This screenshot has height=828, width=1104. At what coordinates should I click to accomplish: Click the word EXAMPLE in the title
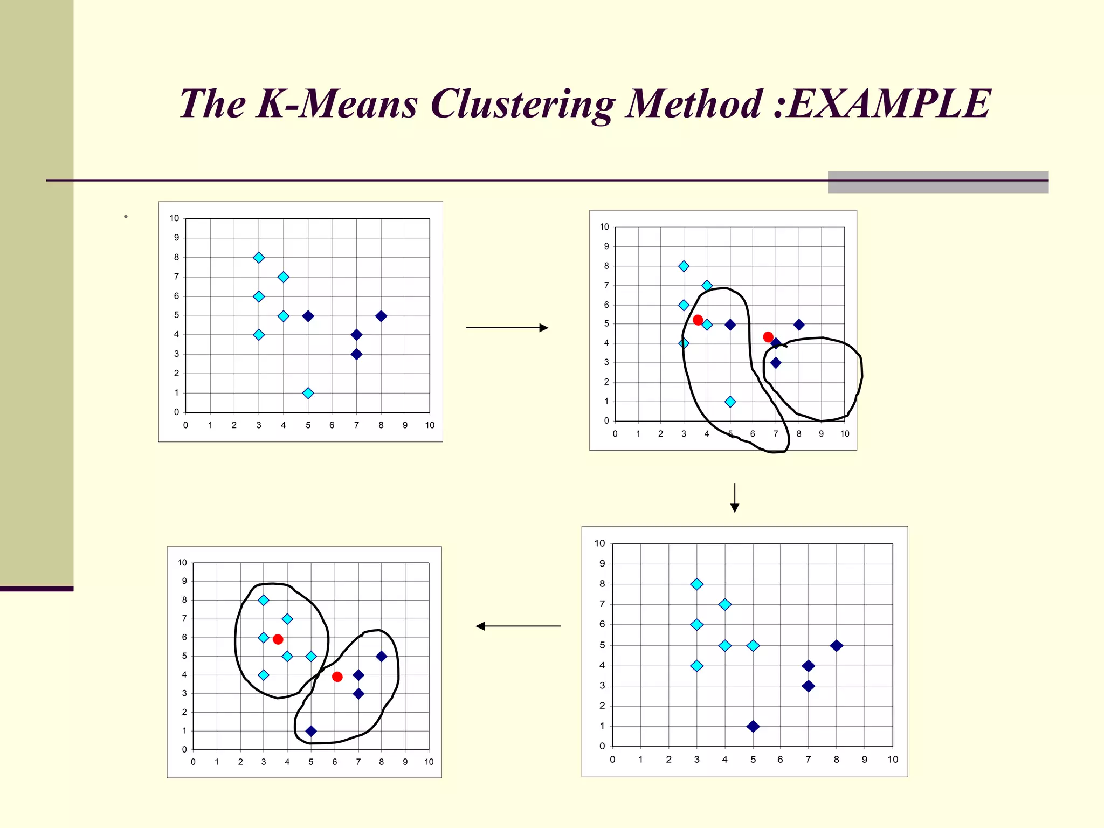(x=888, y=103)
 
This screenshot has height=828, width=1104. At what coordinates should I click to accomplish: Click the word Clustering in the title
(x=522, y=105)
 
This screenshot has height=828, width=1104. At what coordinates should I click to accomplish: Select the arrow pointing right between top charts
(x=507, y=328)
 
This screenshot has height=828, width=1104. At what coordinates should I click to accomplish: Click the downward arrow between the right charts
(x=734, y=498)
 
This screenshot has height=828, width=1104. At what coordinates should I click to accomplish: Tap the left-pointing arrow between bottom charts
(x=518, y=626)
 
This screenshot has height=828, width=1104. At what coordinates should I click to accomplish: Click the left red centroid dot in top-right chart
(x=698, y=320)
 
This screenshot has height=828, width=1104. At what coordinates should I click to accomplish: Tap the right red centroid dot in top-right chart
(x=768, y=337)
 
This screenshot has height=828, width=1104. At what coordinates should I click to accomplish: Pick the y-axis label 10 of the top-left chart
(x=174, y=218)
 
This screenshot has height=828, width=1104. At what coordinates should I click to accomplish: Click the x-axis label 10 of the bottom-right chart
(x=893, y=760)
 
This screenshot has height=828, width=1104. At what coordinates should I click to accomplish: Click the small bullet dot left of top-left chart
(x=126, y=217)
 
